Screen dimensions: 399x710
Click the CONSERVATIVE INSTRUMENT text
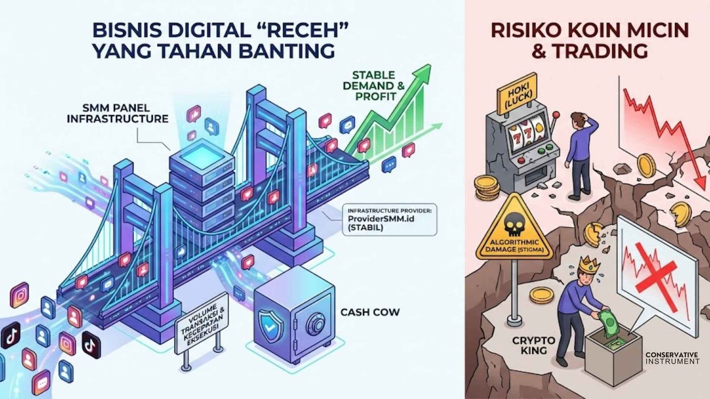point(672,357)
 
